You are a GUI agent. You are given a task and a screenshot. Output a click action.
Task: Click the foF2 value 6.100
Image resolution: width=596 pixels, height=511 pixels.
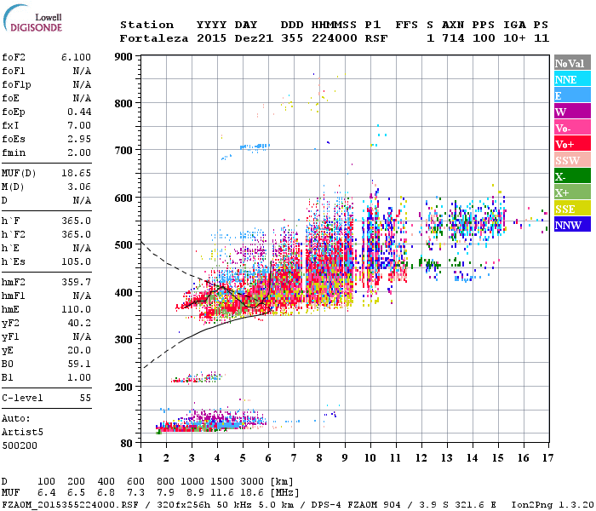coord(76,55)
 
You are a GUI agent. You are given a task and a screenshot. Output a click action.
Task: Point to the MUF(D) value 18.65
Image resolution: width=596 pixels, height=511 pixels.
coord(76,173)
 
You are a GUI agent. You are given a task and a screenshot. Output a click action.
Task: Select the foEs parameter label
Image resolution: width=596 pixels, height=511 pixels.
coord(15,138)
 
